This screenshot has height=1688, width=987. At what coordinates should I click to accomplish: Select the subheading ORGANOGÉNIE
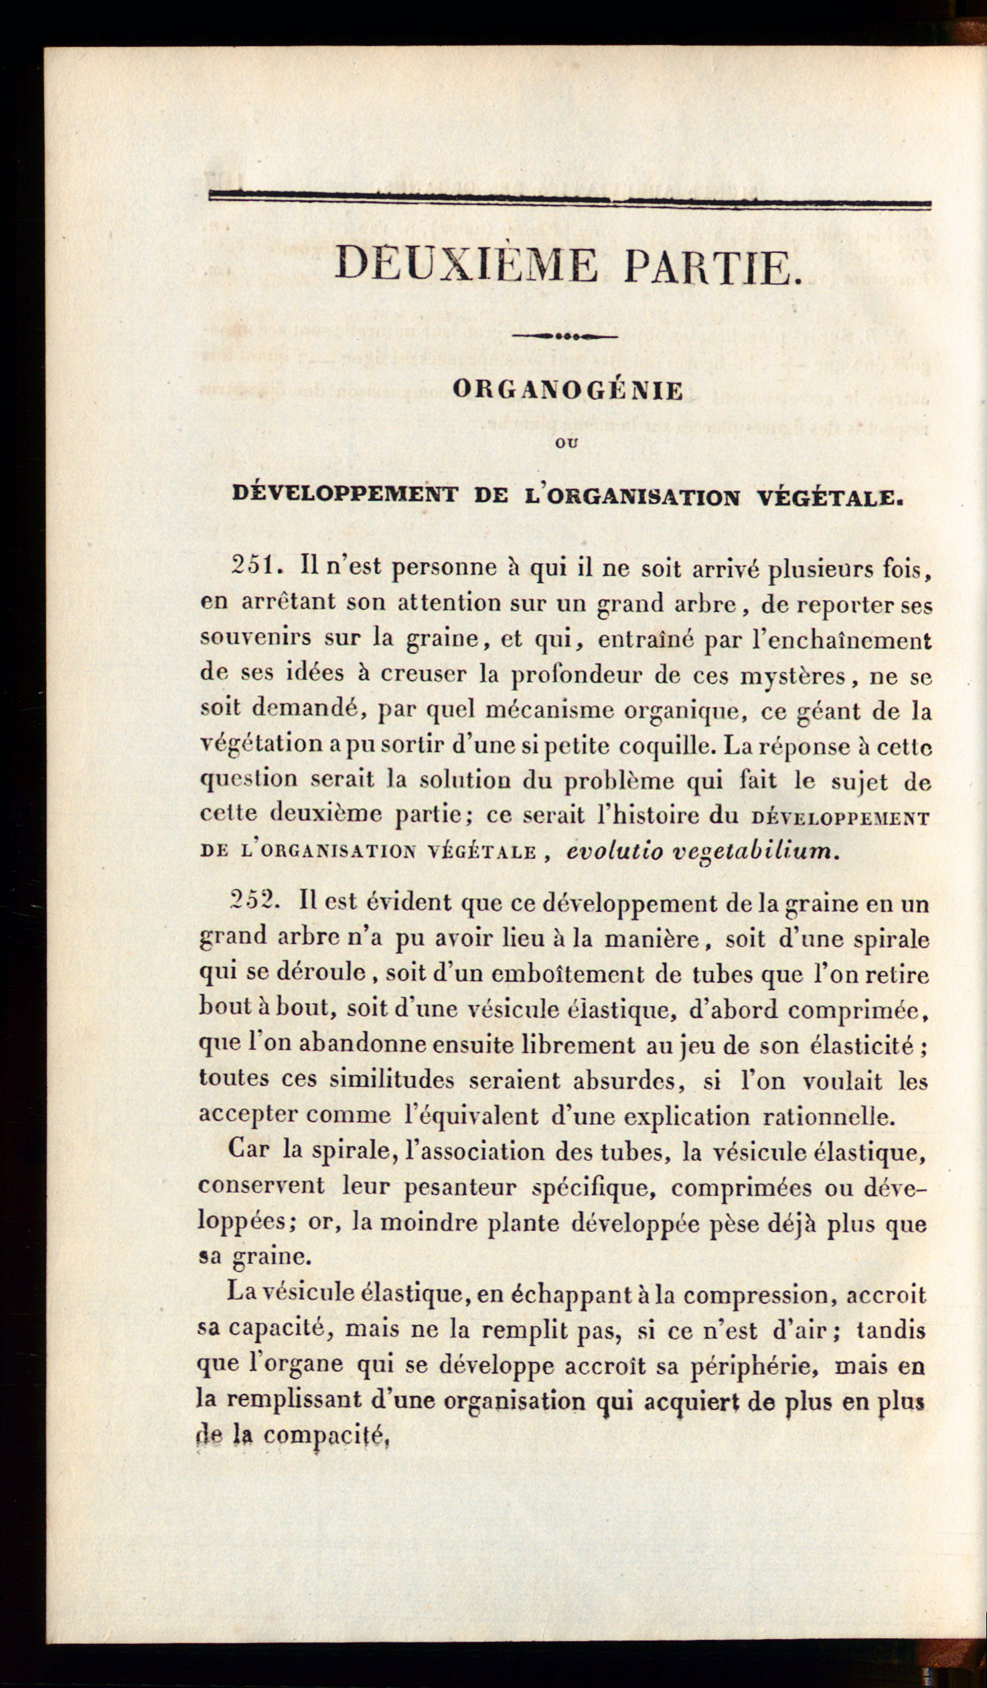[568, 390]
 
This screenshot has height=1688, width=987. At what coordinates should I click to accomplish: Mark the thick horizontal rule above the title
[570, 199]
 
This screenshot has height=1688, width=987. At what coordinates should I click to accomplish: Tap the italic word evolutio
[615, 852]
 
